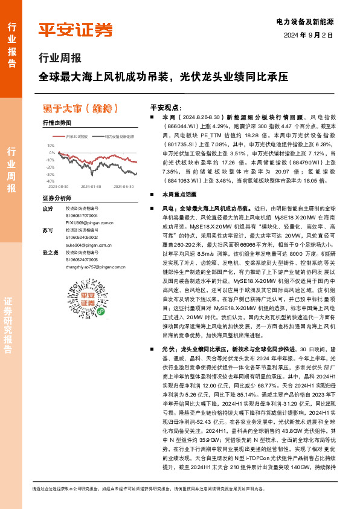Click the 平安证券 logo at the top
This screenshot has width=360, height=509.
coord(76,30)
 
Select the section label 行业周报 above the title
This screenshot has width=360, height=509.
coord(60,59)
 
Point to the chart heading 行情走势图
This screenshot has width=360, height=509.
coord(57,123)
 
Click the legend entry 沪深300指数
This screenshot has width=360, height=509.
coord(76,137)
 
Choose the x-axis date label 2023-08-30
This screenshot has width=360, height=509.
coord(59,187)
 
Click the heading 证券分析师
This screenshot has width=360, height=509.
coord(57,198)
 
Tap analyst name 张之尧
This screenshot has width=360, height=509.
coord(50,253)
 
